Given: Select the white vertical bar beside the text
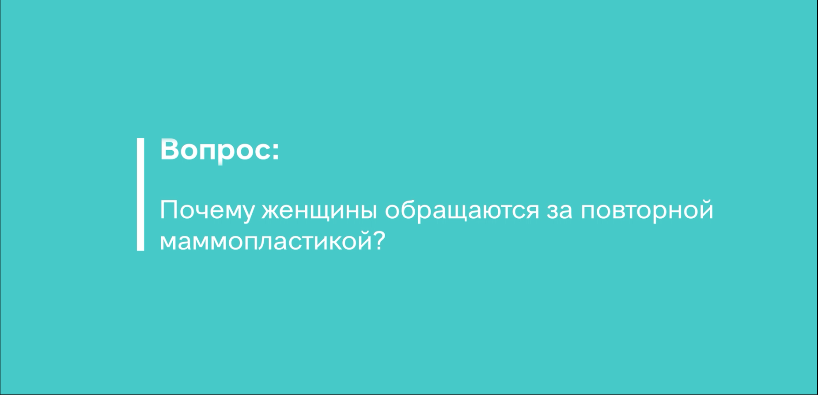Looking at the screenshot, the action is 140,194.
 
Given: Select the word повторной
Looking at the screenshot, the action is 647,210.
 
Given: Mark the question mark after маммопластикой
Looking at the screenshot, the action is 379,240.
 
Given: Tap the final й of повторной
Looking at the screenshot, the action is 706,209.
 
